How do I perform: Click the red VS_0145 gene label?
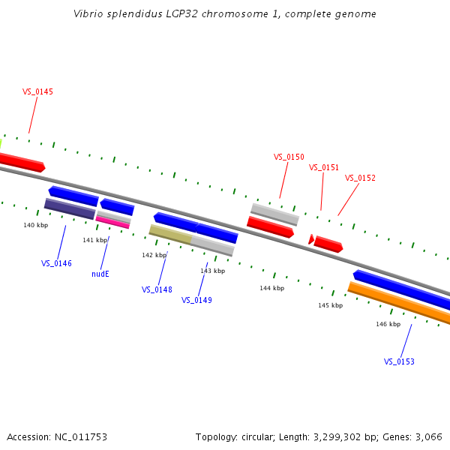click(37, 91)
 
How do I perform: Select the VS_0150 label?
click(289, 157)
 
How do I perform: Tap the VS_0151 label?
click(324, 167)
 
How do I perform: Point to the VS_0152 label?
click(360, 178)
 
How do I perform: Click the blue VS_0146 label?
click(56, 263)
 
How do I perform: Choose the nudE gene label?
click(100, 274)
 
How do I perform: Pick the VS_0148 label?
click(157, 289)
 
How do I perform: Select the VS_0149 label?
click(196, 300)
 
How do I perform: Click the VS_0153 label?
click(399, 361)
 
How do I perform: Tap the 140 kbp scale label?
click(35, 225)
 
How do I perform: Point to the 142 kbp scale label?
click(154, 255)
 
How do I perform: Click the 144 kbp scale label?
click(271, 288)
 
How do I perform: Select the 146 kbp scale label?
click(388, 324)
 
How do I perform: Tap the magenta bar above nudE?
click(112, 222)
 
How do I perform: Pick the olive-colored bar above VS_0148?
click(170, 234)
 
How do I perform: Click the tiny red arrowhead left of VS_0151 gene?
click(310, 239)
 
